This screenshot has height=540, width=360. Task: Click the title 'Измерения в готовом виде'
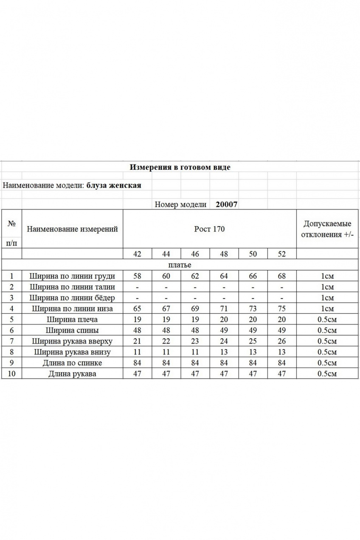(180, 167)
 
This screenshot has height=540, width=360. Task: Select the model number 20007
(227, 204)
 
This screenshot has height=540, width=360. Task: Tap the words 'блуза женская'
(114, 185)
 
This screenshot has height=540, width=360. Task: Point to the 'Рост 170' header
(209, 229)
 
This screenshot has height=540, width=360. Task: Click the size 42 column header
(137, 254)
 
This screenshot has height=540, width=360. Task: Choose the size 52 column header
(281, 254)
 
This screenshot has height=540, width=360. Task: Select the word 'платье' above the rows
(180, 265)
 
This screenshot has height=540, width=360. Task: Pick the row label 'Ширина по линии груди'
(72, 276)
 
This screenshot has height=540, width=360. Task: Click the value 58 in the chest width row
(137, 276)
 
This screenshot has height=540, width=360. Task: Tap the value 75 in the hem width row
(281, 309)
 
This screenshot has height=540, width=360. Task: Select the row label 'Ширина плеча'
(72, 319)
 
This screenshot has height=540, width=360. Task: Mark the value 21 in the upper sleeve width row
(137, 341)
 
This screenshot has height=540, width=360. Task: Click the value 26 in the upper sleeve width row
(281, 341)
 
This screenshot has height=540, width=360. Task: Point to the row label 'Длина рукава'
(72, 374)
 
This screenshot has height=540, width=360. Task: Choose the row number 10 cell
(11, 374)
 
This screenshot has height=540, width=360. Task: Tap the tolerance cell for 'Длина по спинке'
(327, 363)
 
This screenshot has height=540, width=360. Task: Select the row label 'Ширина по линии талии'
(72, 287)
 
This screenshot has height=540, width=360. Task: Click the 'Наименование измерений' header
(72, 229)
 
